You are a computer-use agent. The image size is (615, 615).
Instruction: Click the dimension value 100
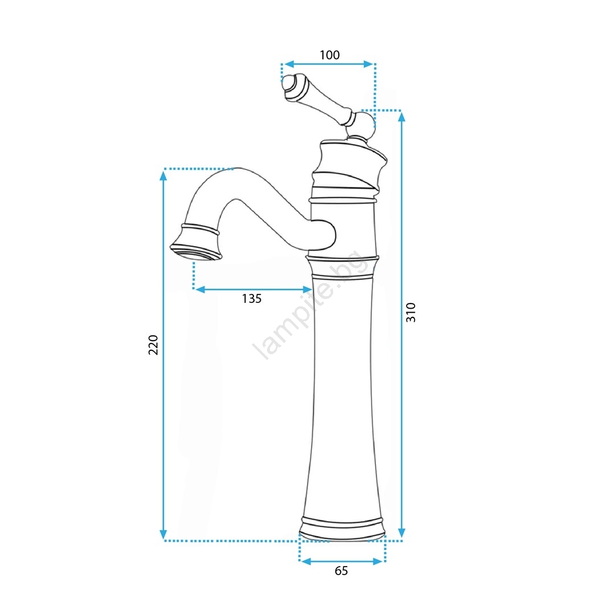click(330, 55)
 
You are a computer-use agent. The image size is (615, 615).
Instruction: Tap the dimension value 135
click(252, 299)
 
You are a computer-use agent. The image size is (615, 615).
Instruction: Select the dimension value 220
click(153, 345)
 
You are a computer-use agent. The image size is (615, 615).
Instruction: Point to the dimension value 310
click(411, 313)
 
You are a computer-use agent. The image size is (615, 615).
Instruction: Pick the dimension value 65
click(341, 571)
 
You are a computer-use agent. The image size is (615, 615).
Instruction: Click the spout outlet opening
click(196, 252)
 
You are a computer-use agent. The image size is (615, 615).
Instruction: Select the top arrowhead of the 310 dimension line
click(401, 116)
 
